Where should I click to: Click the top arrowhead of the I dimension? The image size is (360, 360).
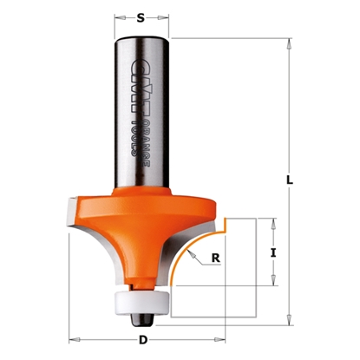[274, 221]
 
